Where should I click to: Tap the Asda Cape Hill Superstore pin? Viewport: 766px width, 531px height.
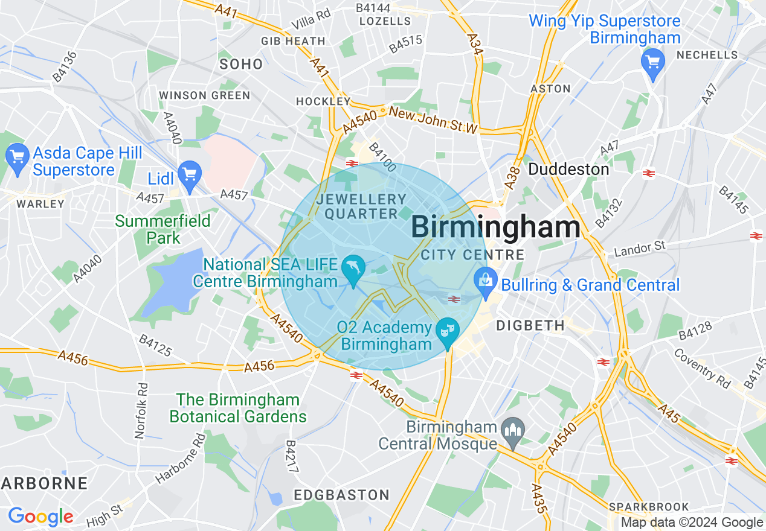[17, 158]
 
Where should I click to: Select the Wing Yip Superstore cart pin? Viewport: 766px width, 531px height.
[652, 62]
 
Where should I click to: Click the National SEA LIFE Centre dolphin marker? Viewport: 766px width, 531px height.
[353, 268]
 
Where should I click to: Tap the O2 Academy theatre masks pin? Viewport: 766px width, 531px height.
[448, 331]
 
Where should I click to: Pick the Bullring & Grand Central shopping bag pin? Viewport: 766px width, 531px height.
[485, 281]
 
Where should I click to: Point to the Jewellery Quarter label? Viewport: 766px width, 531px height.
[362, 206]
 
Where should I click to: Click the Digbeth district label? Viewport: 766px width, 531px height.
[530, 326]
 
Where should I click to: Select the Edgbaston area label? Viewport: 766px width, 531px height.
[341, 495]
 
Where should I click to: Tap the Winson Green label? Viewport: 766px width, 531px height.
[204, 95]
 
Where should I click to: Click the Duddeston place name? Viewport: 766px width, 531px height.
[568, 170]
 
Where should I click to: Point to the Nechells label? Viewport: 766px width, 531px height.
[707, 55]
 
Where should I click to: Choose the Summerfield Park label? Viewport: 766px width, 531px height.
[163, 229]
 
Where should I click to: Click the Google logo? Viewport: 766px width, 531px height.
[40, 517]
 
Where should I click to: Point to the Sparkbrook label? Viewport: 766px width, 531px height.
[649, 506]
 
